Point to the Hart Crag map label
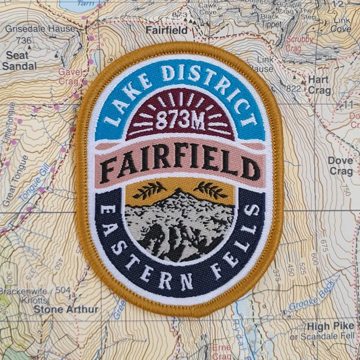319,85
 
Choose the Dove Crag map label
340,166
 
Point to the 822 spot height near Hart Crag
293,89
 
